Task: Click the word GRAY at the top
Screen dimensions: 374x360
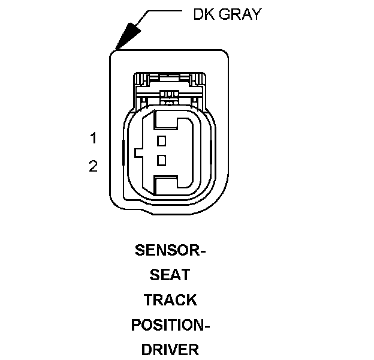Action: [x=240, y=14]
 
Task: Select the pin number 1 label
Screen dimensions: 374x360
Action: [x=93, y=139]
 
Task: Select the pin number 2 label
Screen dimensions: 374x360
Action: [x=93, y=166]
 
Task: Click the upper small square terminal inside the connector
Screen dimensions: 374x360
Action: [x=161, y=141]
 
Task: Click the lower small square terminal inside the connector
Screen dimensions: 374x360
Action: [x=161, y=160]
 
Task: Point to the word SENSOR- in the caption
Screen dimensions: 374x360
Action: [x=170, y=250]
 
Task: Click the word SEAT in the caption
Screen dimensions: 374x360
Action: [x=170, y=275]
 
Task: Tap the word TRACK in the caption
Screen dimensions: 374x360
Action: [x=170, y=299]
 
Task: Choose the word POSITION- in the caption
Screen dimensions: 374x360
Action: [x=170, y=325]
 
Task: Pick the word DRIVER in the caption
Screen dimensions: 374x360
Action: [x=170, y=349]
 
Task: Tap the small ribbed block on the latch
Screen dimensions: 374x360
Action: [x=170, y=94]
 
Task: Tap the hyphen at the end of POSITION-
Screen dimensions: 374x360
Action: [x=206, y=325]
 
